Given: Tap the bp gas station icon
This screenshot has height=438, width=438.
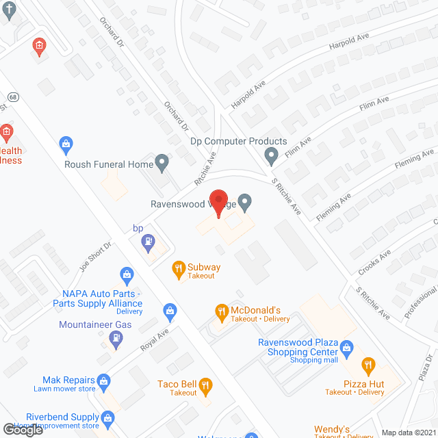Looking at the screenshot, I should [147, 242].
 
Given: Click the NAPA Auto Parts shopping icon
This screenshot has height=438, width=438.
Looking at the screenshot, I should [127, 276].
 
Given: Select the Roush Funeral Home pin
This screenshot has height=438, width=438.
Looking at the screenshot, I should [162, 164].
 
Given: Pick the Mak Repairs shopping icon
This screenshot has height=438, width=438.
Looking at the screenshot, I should [103, 379].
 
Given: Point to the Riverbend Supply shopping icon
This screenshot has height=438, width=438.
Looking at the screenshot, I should [107, 417].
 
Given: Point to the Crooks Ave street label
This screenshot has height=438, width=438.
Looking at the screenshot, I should [374, 261].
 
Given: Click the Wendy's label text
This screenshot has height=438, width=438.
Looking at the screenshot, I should [332, 430].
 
